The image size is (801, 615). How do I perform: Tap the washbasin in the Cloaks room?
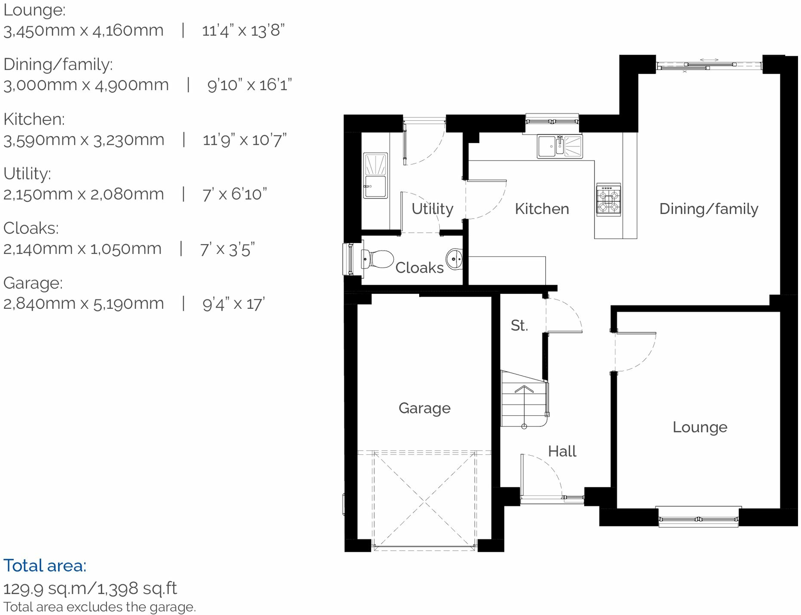click(x=454, y=259)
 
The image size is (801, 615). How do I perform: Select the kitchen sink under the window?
click(x=560, y=146)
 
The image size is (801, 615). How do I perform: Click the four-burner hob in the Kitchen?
click(x=609, y=199)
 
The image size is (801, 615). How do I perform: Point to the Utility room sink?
click(x=375, y=175)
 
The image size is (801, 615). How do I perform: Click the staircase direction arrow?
click(x=524, y=390)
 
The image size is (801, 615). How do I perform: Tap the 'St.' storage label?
click(x=519, y=326)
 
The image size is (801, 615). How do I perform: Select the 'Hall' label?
click(x=562, y=451)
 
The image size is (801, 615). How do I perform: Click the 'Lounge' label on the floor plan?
click(x=700, y=427)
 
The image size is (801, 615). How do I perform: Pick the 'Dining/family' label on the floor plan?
click(x=708, y=209)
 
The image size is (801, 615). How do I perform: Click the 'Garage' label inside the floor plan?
click(x=424, y=408)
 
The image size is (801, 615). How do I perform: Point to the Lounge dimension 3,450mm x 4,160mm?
click(x=83, y=31)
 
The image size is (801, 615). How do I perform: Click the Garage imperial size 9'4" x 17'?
click(x=234, y=304)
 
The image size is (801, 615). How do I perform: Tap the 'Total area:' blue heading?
click(x=45, y=566)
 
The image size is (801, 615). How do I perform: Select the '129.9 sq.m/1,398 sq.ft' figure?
click(x=90, y=588)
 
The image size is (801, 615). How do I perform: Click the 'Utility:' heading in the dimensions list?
click(x=27, y=174)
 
